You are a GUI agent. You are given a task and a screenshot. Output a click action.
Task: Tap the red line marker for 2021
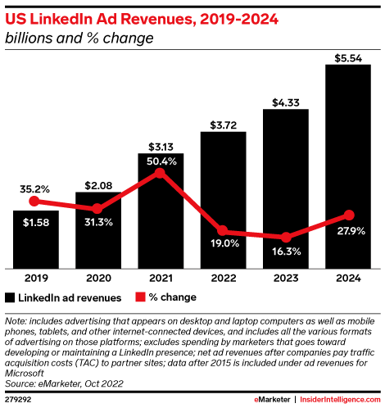point(161,173)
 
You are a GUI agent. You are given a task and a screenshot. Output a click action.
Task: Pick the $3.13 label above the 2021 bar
point(161,145)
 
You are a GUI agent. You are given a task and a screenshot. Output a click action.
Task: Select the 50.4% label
point(161,159)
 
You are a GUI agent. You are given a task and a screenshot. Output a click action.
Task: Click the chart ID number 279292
point(20,399)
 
